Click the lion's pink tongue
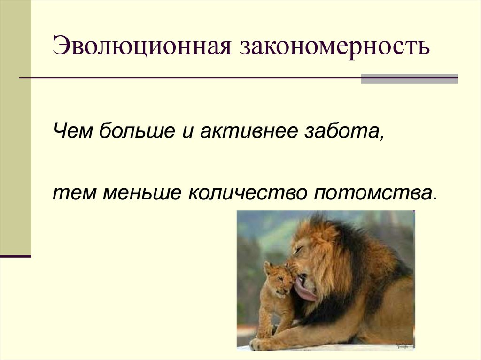(x=305, y=293)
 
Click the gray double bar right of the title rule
(x=409, y=78)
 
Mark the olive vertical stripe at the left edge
(x=16, y=127)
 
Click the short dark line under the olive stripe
(x=16, y=256)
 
